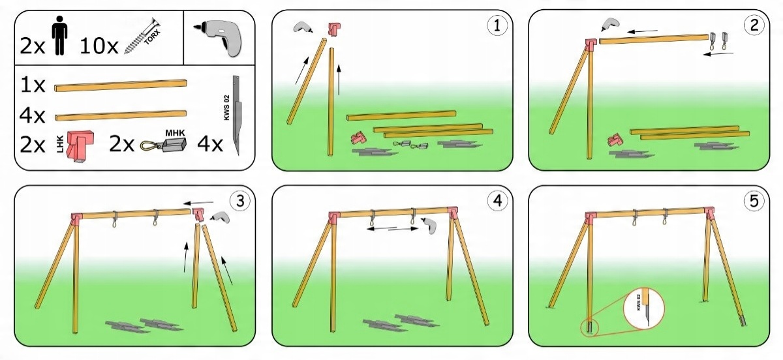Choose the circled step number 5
click(754, 202)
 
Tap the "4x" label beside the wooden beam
click(33, 116)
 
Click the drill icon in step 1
click(303, 27)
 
